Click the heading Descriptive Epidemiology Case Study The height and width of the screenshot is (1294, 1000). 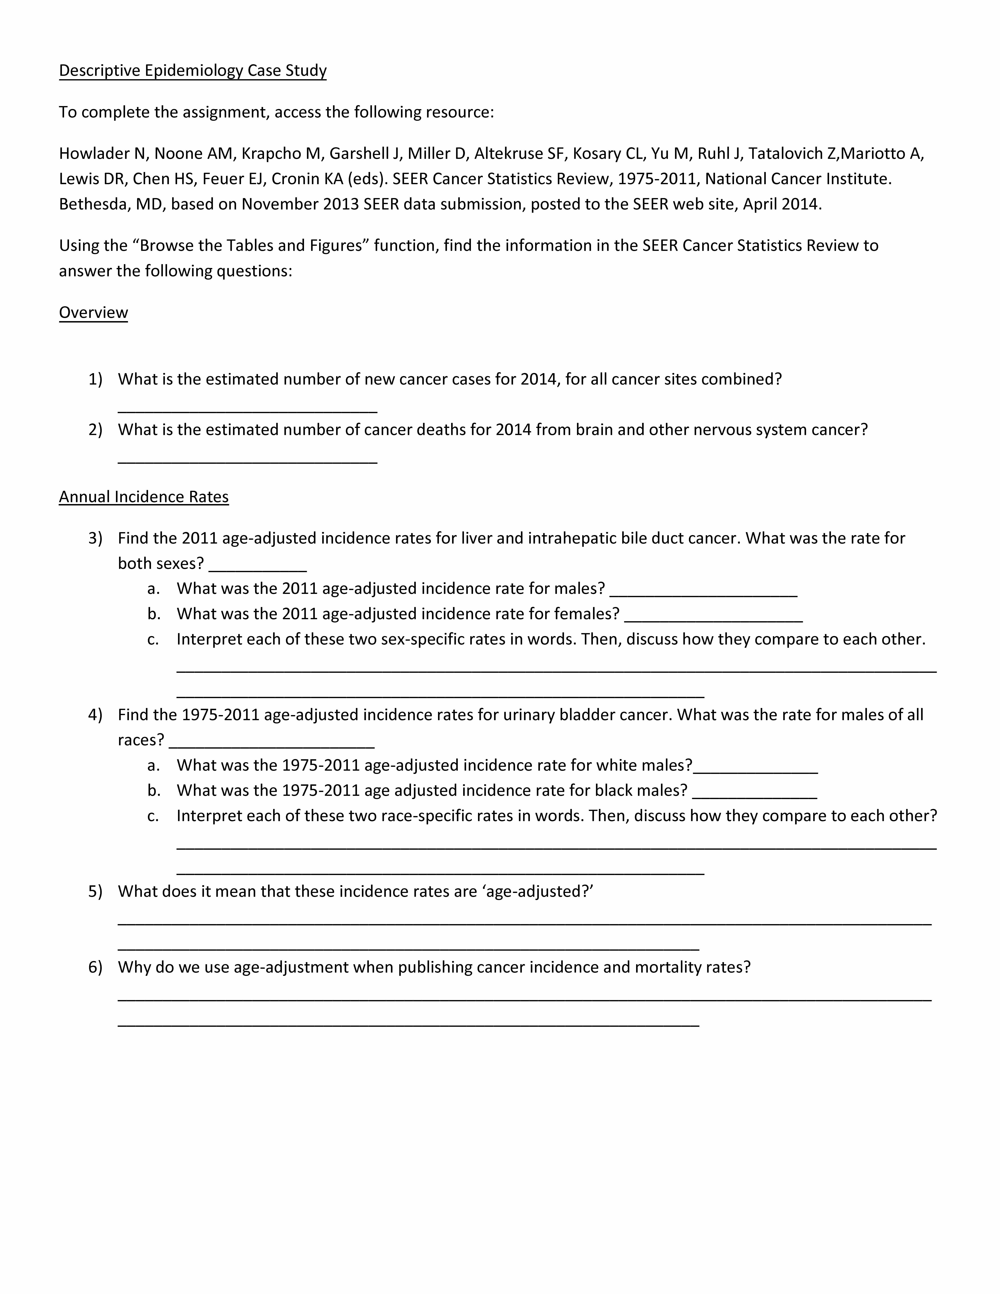coord(193,71)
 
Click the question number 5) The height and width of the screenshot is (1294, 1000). coord(95,892)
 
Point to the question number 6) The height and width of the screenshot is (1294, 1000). coord(95,967)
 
